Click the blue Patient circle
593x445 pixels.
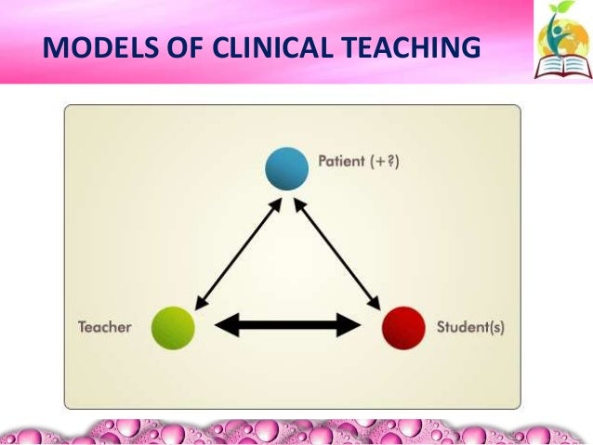tap(286, 168)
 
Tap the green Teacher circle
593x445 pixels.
tap(172, 327)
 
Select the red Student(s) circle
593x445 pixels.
tap(405, 327)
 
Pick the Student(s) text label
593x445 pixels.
tap(470, 328)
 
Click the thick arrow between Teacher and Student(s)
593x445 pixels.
tap(287, 325)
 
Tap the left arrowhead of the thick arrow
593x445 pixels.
tap(224, 325)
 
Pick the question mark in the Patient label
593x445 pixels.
tap(393, 163)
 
